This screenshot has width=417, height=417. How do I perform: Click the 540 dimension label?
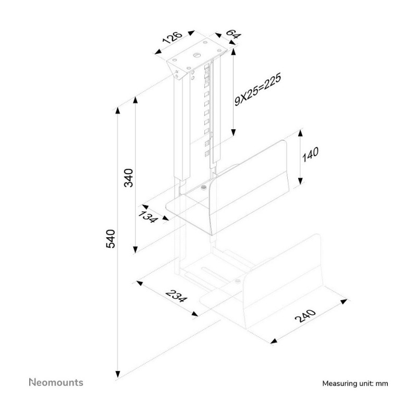pos(111,239)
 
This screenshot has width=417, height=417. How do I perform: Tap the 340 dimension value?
pos(128,178)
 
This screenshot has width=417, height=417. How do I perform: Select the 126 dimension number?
pos(173,38)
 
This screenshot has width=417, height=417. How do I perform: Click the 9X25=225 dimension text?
pos(257,90)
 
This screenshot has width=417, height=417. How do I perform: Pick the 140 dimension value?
pos(310,154)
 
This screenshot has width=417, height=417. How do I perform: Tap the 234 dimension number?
pos(176,296)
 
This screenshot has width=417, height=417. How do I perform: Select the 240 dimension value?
pos(305,316)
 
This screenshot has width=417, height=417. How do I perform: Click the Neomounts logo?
pos(56,383)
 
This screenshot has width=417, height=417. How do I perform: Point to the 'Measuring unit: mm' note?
pos(355,384)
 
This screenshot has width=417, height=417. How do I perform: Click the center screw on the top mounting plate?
pos(197,55)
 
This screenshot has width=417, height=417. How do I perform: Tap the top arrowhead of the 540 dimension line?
pos(118,111)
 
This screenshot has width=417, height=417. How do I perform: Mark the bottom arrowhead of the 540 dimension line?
pos(118,374)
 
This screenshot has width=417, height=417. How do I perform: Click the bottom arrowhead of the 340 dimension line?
pos(136,250)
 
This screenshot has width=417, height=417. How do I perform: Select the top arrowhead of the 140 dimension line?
pos(301,133)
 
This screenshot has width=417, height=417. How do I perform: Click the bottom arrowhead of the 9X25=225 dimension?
pos(233,132)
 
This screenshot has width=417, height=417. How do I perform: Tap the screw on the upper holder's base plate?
pos(204,188)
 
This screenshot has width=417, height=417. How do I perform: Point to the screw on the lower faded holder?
pos(238,281)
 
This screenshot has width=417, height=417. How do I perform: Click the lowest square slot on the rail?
pos(207,153)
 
